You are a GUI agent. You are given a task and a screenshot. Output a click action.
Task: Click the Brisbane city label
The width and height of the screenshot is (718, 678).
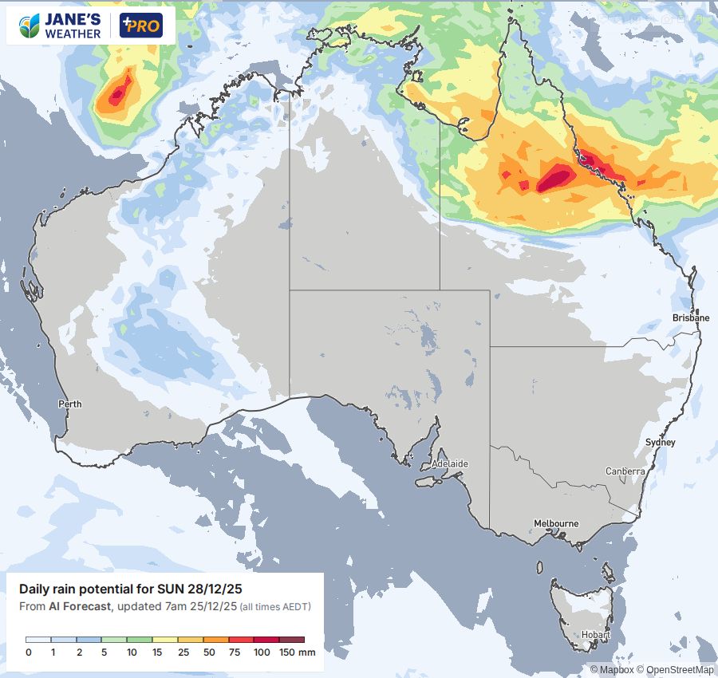point(690,317)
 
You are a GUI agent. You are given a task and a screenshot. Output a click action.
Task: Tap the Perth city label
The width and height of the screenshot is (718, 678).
point(70,404)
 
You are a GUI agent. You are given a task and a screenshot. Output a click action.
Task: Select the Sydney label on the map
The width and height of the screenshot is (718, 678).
point(660,442)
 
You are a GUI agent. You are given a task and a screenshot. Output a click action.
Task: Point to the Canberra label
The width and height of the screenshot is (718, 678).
point(625,471)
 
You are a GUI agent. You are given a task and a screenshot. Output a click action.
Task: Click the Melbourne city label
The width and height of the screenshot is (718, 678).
point(556,523)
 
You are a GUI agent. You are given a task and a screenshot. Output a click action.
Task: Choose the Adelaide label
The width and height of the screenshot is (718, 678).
point(449,463)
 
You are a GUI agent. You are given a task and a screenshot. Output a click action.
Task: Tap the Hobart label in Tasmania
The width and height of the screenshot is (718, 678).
point(596,636)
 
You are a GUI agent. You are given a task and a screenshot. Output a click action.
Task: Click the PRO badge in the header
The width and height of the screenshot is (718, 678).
point(140,26)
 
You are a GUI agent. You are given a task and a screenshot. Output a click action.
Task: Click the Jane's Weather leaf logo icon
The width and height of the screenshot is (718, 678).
point(30,26)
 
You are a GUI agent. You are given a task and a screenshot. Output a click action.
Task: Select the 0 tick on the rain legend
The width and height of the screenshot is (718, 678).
point(28,652)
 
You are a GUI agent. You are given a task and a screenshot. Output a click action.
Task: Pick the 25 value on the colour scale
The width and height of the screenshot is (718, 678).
point(184,652)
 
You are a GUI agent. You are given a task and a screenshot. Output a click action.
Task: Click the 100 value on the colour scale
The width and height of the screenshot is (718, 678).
point(262,652)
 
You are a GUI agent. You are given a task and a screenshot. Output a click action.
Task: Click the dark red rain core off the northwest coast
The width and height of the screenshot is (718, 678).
point(116,94)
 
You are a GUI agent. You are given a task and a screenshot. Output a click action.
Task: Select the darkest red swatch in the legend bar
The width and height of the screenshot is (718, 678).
point(293,640)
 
